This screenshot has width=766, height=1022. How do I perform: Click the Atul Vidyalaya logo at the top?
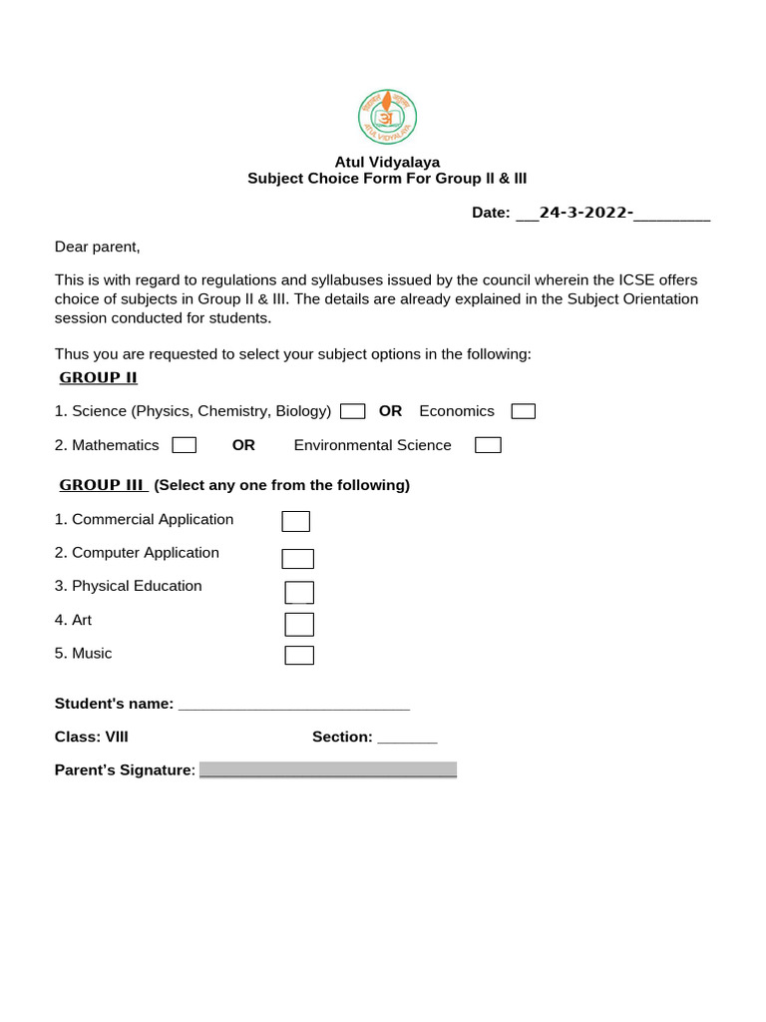point(387,117)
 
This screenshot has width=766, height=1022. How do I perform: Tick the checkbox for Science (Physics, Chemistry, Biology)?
point(352,411)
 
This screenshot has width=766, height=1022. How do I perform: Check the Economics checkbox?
point(523,411)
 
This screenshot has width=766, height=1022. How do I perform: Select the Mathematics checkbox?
point(184,445)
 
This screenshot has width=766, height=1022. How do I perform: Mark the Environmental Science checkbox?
point(488,445)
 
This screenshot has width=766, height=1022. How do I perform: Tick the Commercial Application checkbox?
point(295,521)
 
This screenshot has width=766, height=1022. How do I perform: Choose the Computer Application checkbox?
point(297,559)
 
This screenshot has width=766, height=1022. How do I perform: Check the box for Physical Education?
point(299,592)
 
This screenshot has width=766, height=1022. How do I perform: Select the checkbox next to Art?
point(299,625)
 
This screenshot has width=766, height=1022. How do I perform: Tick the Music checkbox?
point(299,655)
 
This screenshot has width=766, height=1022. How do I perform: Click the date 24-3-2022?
point(585,213)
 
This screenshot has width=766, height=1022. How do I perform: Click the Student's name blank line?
point(293,705)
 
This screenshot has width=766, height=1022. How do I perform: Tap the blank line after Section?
point(407,738)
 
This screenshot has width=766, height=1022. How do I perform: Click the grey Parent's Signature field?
point(327,769)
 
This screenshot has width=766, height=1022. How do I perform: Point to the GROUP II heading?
point(98,377)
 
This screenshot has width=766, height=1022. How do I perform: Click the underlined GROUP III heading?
point(103,485)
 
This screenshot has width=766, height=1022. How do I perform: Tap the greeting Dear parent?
point(97,247)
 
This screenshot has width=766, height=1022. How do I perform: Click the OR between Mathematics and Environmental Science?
point(243,445)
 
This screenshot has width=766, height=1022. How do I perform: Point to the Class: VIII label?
point(91,738)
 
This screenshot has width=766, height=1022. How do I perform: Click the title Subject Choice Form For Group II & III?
point(387,179)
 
